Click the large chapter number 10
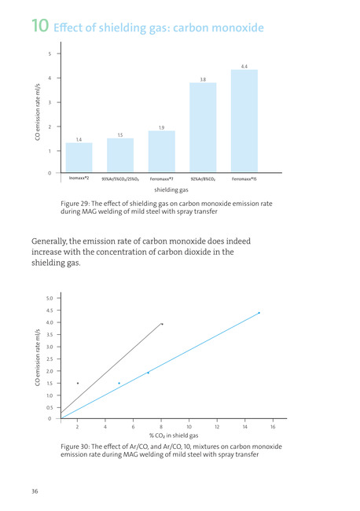[40, 26]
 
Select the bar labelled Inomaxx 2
[79, 157]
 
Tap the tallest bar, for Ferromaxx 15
[244, 121]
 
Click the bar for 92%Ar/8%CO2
[203, 127]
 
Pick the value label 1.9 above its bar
[162, 127]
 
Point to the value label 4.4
[244, 67]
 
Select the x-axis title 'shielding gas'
[171, 189]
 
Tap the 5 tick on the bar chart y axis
[50, 53]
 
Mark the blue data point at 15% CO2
[259, 313]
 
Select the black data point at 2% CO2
[78, 384]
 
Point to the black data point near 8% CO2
[162, 324]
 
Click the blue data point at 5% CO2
[119, 384]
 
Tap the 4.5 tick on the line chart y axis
[50, 311]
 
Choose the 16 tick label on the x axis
[273, 427]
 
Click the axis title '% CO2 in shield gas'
[174, 436]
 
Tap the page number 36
[35, 491]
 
